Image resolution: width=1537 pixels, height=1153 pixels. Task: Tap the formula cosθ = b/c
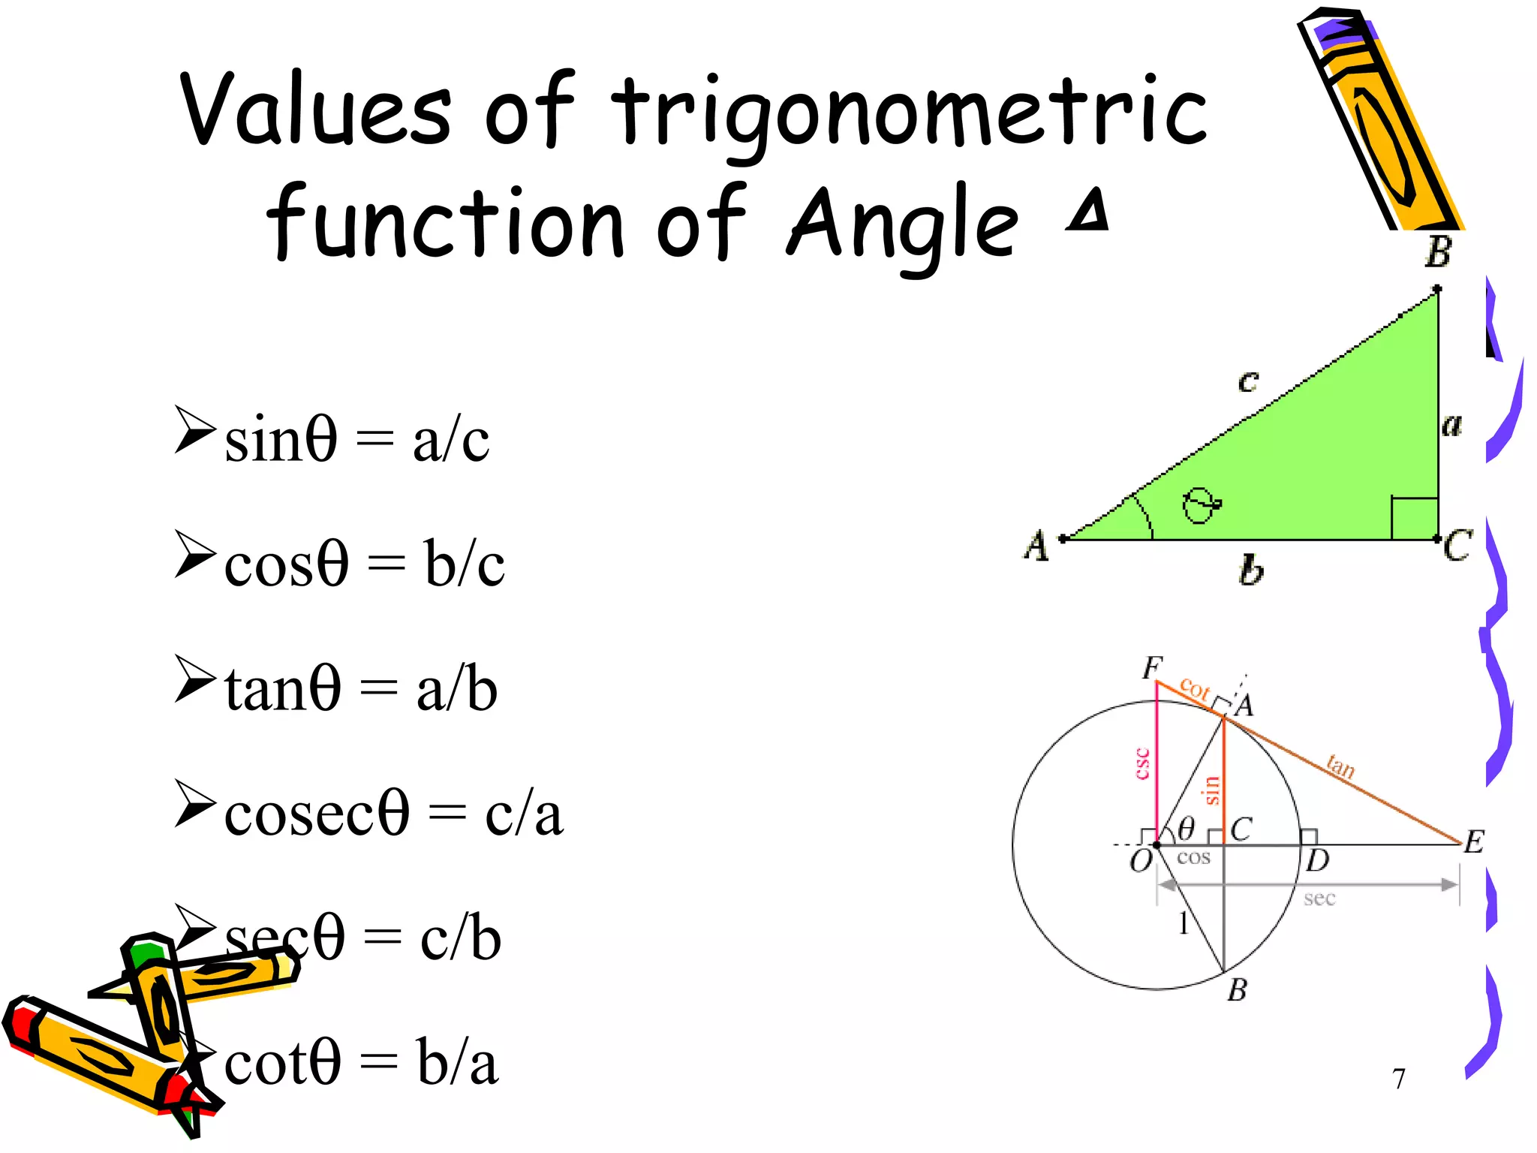click(x=365, y=564)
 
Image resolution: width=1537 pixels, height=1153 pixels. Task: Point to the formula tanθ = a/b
click(x=361, y=688)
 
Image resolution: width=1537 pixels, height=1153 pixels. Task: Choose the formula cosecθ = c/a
click(x=393, y=814)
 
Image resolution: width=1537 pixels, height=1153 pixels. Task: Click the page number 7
click(x=1398, y=1079)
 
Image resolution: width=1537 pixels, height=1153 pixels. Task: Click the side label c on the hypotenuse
click(x=1247, y=381)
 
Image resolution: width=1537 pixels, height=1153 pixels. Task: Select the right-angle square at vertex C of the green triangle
click(x=1414, y=517)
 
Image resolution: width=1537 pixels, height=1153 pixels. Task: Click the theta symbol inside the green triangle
click(x=1201, y=505)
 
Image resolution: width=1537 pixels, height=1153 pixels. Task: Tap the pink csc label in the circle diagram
click(x=1141, y=763)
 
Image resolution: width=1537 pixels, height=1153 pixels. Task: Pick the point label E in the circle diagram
click(x=1474, y=841)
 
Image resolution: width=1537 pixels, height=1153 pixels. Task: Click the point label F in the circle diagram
click(x=1152, y=667)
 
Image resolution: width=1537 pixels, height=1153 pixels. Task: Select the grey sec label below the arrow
click(x=1319, y=899)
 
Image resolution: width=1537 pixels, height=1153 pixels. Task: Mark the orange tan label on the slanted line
click(x=1340, y=766)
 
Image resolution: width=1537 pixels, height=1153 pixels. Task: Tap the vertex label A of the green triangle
click(x=1036, y=545)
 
